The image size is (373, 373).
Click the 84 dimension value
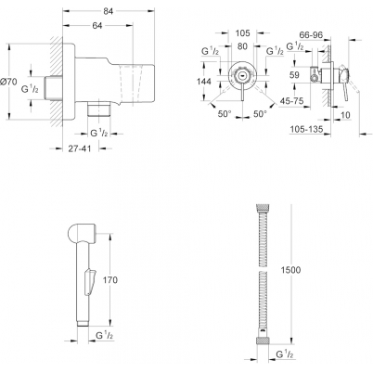(x=108, y=11)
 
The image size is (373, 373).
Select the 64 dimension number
(x=97, y=26)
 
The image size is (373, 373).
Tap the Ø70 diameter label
(x=8, y=82)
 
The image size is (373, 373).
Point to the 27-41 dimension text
(x=80, y=148)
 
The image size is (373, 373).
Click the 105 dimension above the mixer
(x=242, y=32)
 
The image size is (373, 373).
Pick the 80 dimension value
(x=242, y=46)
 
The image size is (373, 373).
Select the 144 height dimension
(x=204, y=82)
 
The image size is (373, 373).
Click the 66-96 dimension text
(x=311, y=35)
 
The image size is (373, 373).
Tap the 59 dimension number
(x=295, y=75)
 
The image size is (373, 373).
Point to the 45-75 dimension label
(x=291, y=101)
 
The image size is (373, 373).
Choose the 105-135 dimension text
(x=306, y=129)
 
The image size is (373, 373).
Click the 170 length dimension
(x=110, y=280)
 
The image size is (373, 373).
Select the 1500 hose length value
(x=290, y=270)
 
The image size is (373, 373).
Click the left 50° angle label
(x=225, y=114)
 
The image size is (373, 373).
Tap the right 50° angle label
(x=260, y=114)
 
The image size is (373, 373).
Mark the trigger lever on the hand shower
(x=90, y=281)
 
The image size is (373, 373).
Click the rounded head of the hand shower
(x=81, y=232)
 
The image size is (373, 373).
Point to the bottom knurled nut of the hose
(x=262, y=341)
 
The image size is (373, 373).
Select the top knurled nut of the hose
(x=262, y=207)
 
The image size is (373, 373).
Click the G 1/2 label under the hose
(x=285, y=354)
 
